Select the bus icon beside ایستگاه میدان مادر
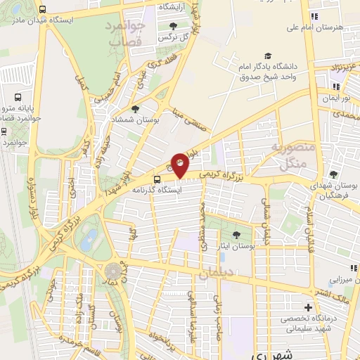(x=44, y=10)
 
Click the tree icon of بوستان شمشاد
(x=134, y=109)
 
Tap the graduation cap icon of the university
(x=266, y=56)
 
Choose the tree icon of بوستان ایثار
(x=236, y=236)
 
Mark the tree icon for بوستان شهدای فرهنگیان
(x=333, y=174)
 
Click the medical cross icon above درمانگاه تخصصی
(x=307, y=307)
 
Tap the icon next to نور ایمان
(x=335, y=86)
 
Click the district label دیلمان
(x=213, y=276)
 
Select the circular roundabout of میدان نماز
(x=112, y=271)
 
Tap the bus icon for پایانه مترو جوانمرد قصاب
(x=18, y=98)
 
